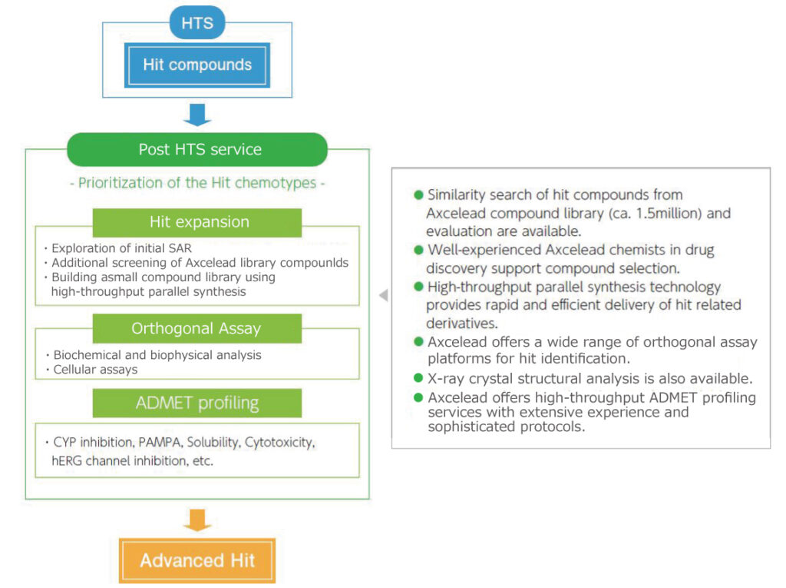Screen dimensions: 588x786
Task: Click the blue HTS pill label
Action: pyautogui.click(x=197, y=23)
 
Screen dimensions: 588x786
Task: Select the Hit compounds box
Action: pyautogui.click(x=197, y=65)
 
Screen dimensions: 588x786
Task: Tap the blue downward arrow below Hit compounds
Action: pyautogui.click(x=197, y=114)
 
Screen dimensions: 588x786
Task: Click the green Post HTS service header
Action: pyautogui.click(x=197, y=149)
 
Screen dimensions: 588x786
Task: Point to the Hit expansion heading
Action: pyautogui.click(x=197, y=222)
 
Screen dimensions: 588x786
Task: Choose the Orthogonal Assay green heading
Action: pyautogui.click(x=197, y=328)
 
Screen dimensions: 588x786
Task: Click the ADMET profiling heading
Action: pyautogui.click(x=197, y=403)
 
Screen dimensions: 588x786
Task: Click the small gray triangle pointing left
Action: pyautogui.click(x=383, y=295)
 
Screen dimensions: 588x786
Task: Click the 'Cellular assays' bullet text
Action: pyautogui.click(x=96, y=369)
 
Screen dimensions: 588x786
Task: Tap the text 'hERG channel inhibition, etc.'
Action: pyautogui.click(x=134, y=460)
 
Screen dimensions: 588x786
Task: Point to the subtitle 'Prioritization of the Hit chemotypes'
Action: pyautogui.click(x=197, y=183)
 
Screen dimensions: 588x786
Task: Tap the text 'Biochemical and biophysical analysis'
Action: pyautogui.click(x=157, y=354)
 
